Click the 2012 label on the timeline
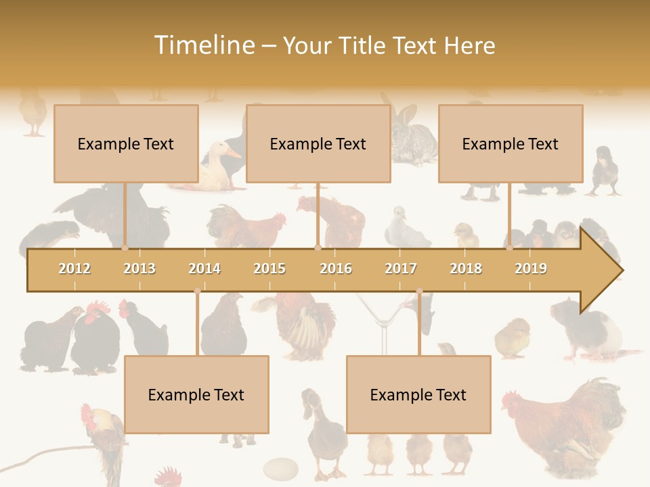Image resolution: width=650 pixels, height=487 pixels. pos(74,269)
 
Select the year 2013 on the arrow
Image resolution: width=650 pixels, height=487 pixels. pos(139,269)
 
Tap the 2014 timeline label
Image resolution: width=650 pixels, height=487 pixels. pos(204,269)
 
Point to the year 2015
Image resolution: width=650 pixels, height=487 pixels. pos(269,269)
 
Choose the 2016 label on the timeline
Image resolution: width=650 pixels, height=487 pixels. pos(336,269)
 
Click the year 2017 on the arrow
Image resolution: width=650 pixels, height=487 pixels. pos(401,269)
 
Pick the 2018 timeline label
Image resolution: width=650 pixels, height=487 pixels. pos(466,269)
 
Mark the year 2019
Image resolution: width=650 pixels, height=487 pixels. pos(531,269)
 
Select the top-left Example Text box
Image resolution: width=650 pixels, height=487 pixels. pos(126,143)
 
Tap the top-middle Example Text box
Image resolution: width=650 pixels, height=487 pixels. pos(318,143)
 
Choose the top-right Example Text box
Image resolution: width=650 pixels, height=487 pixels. pos(511,143)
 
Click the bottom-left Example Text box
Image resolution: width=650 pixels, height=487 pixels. pos(196,394)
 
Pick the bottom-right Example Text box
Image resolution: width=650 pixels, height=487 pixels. pos(418,394)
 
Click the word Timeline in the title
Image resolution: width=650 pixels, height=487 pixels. pos(203,45)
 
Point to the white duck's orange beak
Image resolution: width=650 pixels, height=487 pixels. pos(233,153)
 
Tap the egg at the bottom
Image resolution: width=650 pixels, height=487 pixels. pos(280,468)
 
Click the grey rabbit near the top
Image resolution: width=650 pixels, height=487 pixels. pos(413,139)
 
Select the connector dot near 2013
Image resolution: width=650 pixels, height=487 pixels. pos(125,248)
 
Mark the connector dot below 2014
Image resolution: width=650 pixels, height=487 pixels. pos(197,292)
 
